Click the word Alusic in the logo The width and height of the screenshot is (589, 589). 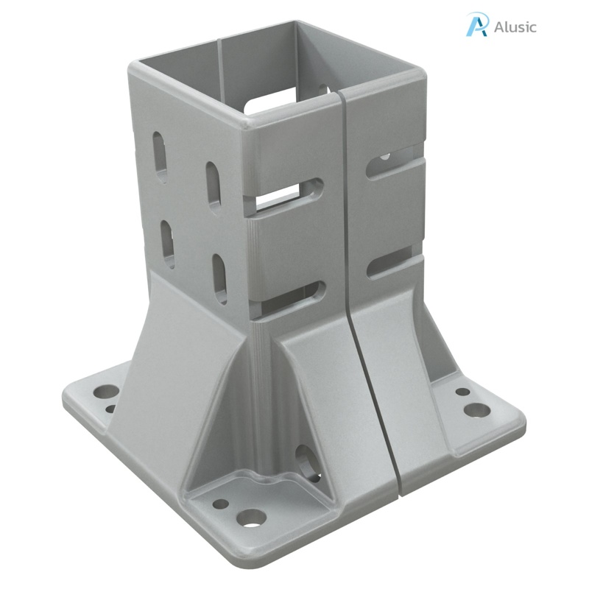pos(515,27)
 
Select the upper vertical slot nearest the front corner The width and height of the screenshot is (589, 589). pos(214,188)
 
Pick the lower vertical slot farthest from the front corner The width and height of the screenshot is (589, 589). pos(168,243)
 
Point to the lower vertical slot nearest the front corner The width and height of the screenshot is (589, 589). pos(220,279)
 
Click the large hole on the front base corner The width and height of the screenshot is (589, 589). pos(253,518)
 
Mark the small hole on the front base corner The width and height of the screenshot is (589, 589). pos(220,505)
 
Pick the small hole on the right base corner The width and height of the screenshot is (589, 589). pos(463,393)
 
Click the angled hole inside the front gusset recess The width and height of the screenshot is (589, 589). pos(304,456)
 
